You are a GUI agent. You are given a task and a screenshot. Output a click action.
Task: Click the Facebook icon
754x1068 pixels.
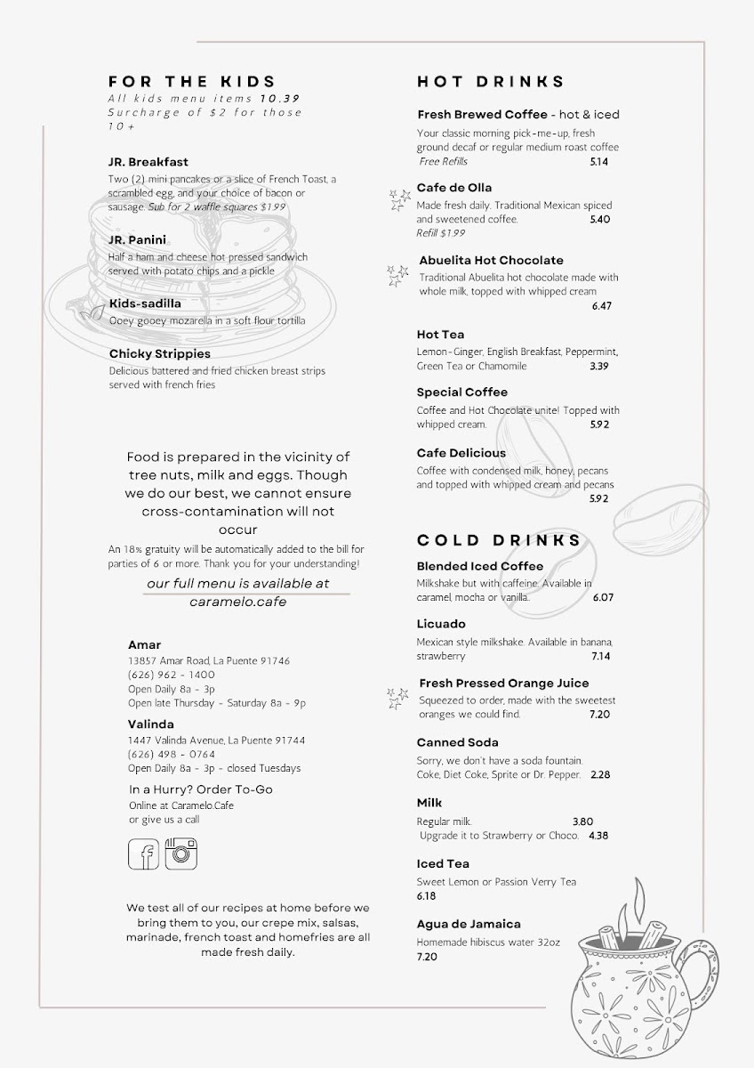tap(144, 854)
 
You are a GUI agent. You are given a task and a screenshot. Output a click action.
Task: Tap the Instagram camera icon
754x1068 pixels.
tap(180, 854)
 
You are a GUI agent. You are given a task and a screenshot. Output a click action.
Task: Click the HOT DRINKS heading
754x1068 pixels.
tap(491, 82)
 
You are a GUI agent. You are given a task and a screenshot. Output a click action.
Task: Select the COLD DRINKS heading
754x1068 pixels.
tap(499, 540)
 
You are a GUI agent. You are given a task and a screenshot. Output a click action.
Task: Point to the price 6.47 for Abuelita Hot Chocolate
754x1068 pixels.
tap(602, 306)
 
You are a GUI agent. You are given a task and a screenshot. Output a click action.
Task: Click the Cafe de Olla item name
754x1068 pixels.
tap(453, 188)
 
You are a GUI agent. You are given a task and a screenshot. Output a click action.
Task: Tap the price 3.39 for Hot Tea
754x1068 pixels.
tap(598, 366)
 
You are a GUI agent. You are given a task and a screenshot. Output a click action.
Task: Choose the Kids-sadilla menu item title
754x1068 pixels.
tap(145, 303)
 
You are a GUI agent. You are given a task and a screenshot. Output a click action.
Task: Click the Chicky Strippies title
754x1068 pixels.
tap(160, 353)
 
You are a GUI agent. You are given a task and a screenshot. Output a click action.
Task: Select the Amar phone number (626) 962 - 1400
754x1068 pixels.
tap(172, 675)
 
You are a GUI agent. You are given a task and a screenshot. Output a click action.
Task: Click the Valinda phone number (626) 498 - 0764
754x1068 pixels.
tap(172, 754)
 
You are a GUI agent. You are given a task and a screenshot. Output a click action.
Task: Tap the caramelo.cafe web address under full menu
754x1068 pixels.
tap(237, 602)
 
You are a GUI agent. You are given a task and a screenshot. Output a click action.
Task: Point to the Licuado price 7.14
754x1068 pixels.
tap(602, 656)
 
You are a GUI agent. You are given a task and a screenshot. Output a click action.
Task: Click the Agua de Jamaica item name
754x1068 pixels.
tap(469, 924)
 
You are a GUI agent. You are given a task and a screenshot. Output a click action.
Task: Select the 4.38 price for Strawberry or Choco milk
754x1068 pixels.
tap(598, 836)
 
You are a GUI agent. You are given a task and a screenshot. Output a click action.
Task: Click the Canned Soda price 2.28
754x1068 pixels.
tap(601, 774)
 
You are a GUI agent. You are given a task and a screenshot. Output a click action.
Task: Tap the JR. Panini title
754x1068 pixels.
tap(138, 240)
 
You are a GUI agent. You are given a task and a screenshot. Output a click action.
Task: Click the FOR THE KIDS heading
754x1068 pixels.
tap(192, 81)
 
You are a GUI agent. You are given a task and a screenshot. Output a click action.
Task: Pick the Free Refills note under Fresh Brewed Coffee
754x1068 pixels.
tap(443, 161)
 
